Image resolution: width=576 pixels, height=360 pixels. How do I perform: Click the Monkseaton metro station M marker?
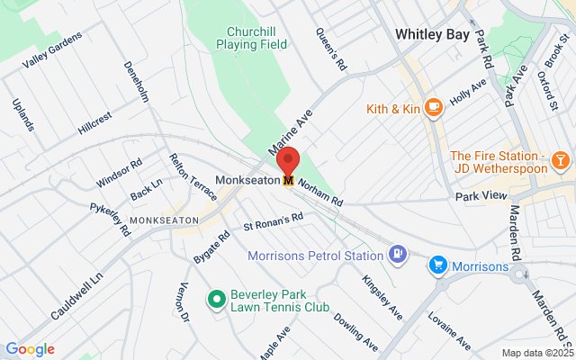288,180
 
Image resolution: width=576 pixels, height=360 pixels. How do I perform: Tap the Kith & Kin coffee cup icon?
434,108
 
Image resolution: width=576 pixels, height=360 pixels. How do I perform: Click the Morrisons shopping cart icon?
438,265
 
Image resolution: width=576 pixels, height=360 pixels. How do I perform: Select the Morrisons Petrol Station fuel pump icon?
398,255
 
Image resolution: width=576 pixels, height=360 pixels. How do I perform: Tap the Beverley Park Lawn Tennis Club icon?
216,298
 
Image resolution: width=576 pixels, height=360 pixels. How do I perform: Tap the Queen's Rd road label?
330,49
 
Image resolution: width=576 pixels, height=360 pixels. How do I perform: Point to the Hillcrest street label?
94,122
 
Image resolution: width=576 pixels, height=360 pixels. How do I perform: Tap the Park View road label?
481,195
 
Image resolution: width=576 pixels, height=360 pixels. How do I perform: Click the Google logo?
30,349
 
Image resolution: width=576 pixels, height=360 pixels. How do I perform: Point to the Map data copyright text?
535,352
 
